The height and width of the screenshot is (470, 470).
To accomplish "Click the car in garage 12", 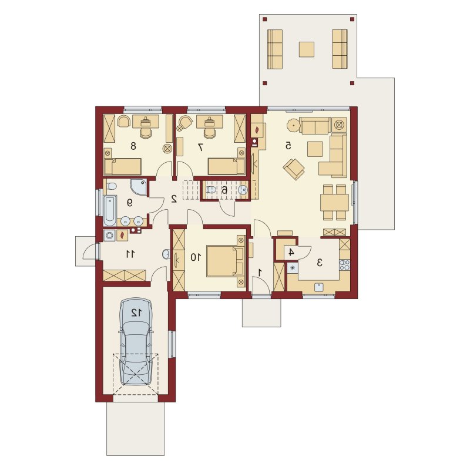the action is click(x=136, y=341).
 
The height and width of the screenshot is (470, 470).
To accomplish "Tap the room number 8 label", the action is click(x=133, y=146).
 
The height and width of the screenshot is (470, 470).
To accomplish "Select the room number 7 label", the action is click(x=200, y=147).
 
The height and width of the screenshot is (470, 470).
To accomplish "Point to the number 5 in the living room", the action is click(x=288, y=145).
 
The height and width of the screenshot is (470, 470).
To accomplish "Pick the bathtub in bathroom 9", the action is click(x=110, y=211).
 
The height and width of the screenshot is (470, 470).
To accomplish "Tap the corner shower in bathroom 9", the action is click(x=139, y=187).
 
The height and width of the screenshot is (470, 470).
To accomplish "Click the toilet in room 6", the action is click(x=211, y=189).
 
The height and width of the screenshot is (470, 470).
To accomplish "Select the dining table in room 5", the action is click(x=334, y=202).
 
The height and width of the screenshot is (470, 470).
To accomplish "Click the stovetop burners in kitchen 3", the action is click(x=344, y=265).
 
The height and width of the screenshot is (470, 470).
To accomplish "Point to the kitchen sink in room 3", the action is click(x=318, y=287).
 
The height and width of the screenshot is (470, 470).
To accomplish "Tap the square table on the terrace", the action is click(x=306, y=49).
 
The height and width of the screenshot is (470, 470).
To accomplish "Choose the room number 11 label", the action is click(x=130, y=254).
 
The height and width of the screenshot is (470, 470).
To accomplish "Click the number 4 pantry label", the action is click(x=291, y=253).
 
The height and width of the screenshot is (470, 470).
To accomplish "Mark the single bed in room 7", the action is click(x=227, y=167).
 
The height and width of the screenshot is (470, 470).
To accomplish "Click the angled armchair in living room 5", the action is click(x=294, y=169).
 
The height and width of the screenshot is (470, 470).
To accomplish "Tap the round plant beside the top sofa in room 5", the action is click(x=293, y=125).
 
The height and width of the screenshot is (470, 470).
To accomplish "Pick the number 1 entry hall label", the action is click(x=260, y=273).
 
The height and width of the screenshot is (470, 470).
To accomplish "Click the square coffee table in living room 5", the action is click(x=315, y=149).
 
